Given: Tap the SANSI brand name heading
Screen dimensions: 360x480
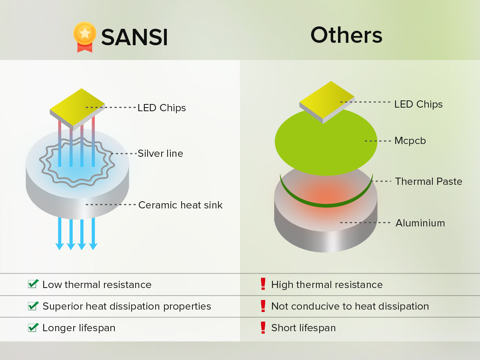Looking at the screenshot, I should pyautogui.click(x=134, y=38).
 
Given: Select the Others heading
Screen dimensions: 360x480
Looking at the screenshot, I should pyautogui.click(x=346, y=35).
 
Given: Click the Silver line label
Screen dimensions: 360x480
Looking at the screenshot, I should pyautogui.click(x=160, y=154).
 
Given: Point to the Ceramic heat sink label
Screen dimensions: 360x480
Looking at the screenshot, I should pyautogui.click(x=180, y=205).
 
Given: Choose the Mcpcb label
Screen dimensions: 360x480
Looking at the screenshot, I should pyautogui.click(x=410, y=141).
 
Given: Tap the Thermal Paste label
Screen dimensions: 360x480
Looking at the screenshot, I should pyautogui.click(x=428, y=182).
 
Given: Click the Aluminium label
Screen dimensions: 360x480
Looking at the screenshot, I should pyautogui.click(x=420, y=223).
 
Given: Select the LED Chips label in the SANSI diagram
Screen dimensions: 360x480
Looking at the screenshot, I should pyautogui.click(x=162, y=108).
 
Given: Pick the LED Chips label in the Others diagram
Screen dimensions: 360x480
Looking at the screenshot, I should pyautogui.click(x=418, y=104).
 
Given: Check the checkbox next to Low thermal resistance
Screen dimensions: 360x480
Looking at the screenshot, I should pyautogui.click(x=33, y=284).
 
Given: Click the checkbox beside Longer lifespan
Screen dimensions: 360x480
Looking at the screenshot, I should pyautogui.click(x=33, y=327).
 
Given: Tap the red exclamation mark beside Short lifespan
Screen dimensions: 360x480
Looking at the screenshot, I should pyautogui.click(x=263, y=328).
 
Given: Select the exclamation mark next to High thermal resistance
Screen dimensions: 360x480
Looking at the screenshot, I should pyautogui.click(x=263, y=284).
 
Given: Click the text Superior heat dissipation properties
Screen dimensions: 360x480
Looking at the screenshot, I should pyautogui.click(x=127, y=306).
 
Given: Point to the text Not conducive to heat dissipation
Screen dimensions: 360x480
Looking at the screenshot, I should pyautogui.click(x=350, y=306).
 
